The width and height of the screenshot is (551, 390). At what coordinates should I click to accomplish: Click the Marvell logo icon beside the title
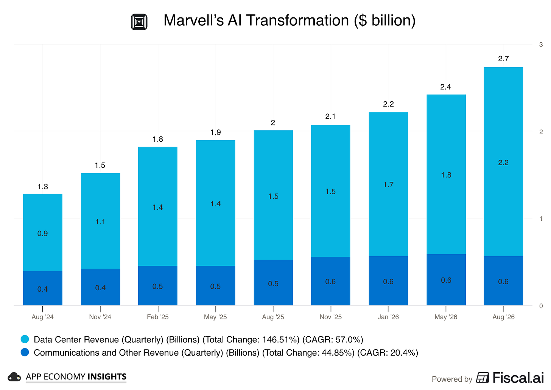click(139, 22)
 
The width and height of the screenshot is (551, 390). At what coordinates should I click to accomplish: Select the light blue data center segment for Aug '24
click(42, 233)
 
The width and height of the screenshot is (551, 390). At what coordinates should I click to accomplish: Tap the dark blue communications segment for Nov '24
click(100, 287)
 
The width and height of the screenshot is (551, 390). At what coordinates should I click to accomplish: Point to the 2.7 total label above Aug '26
click(503, 59)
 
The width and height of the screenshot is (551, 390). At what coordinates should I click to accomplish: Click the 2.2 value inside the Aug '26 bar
click(503, 162)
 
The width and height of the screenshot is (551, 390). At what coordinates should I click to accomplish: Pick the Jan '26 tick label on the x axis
click(388, 317)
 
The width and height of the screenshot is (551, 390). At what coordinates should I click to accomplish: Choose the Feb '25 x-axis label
click(158, 317)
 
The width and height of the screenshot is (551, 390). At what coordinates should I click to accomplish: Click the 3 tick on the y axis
click(541, 45)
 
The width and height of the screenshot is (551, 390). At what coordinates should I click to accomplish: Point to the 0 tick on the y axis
click(541, 306)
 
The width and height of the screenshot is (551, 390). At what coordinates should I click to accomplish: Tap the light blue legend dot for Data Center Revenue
click(25, 339)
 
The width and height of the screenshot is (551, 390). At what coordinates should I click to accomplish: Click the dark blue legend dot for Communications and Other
click(25, 352)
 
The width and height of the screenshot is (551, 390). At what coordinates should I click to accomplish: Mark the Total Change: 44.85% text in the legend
click(308, 353)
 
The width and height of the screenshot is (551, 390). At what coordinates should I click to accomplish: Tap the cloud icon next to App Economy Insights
click(14, 377)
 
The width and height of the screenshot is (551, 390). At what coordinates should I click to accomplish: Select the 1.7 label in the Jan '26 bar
click(388, 185)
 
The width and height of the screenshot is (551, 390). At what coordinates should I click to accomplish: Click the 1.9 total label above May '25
click(215, 132)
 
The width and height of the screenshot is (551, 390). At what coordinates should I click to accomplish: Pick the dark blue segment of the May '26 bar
click(446, 280)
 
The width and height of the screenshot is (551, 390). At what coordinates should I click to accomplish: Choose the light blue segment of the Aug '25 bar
click(273, 195)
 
